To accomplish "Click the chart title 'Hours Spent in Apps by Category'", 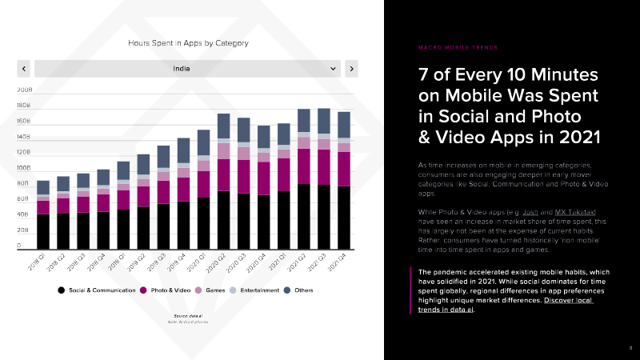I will (x=189, y=42).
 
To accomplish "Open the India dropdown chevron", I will (x=334, y=69).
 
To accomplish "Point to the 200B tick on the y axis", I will (x=24, y=90).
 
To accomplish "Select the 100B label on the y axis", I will (x=24, y=169).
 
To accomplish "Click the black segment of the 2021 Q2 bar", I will (x=303, y=216).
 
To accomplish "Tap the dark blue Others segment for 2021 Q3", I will (x=323, y=121).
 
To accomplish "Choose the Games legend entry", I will (x=214, y=290).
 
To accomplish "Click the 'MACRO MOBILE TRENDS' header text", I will (x=457, y=47).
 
